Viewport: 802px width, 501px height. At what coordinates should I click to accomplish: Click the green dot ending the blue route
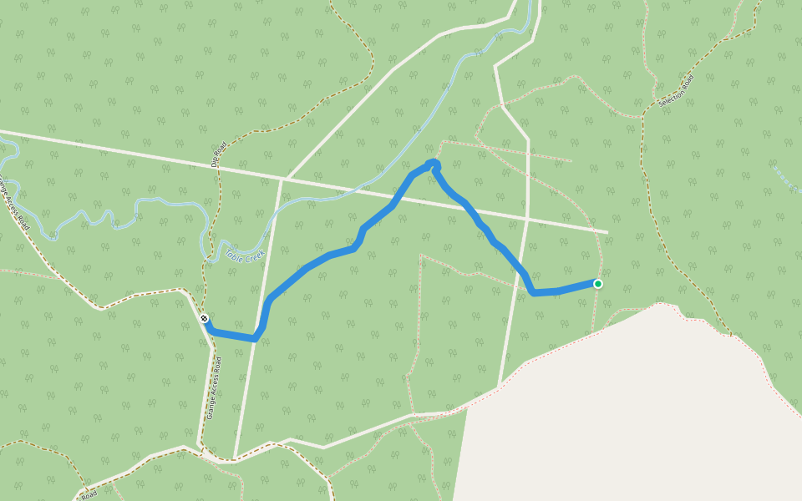click(598, 284)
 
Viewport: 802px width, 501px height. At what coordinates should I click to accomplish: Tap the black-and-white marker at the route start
click(204, 318)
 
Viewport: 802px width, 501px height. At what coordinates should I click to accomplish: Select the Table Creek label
click(243, 251)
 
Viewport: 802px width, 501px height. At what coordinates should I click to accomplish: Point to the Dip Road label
click(219, 155)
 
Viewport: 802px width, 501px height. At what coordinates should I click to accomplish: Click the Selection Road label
click(676, 92)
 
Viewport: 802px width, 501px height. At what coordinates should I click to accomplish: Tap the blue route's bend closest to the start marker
click(255, 338)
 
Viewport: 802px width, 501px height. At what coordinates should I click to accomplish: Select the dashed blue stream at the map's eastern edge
click(785, 180)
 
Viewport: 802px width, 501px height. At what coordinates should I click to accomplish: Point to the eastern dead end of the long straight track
click(607, 232)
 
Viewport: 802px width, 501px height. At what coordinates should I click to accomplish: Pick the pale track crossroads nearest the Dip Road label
click(282, 178)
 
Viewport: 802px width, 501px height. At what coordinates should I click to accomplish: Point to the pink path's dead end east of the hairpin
click(572, 160)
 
